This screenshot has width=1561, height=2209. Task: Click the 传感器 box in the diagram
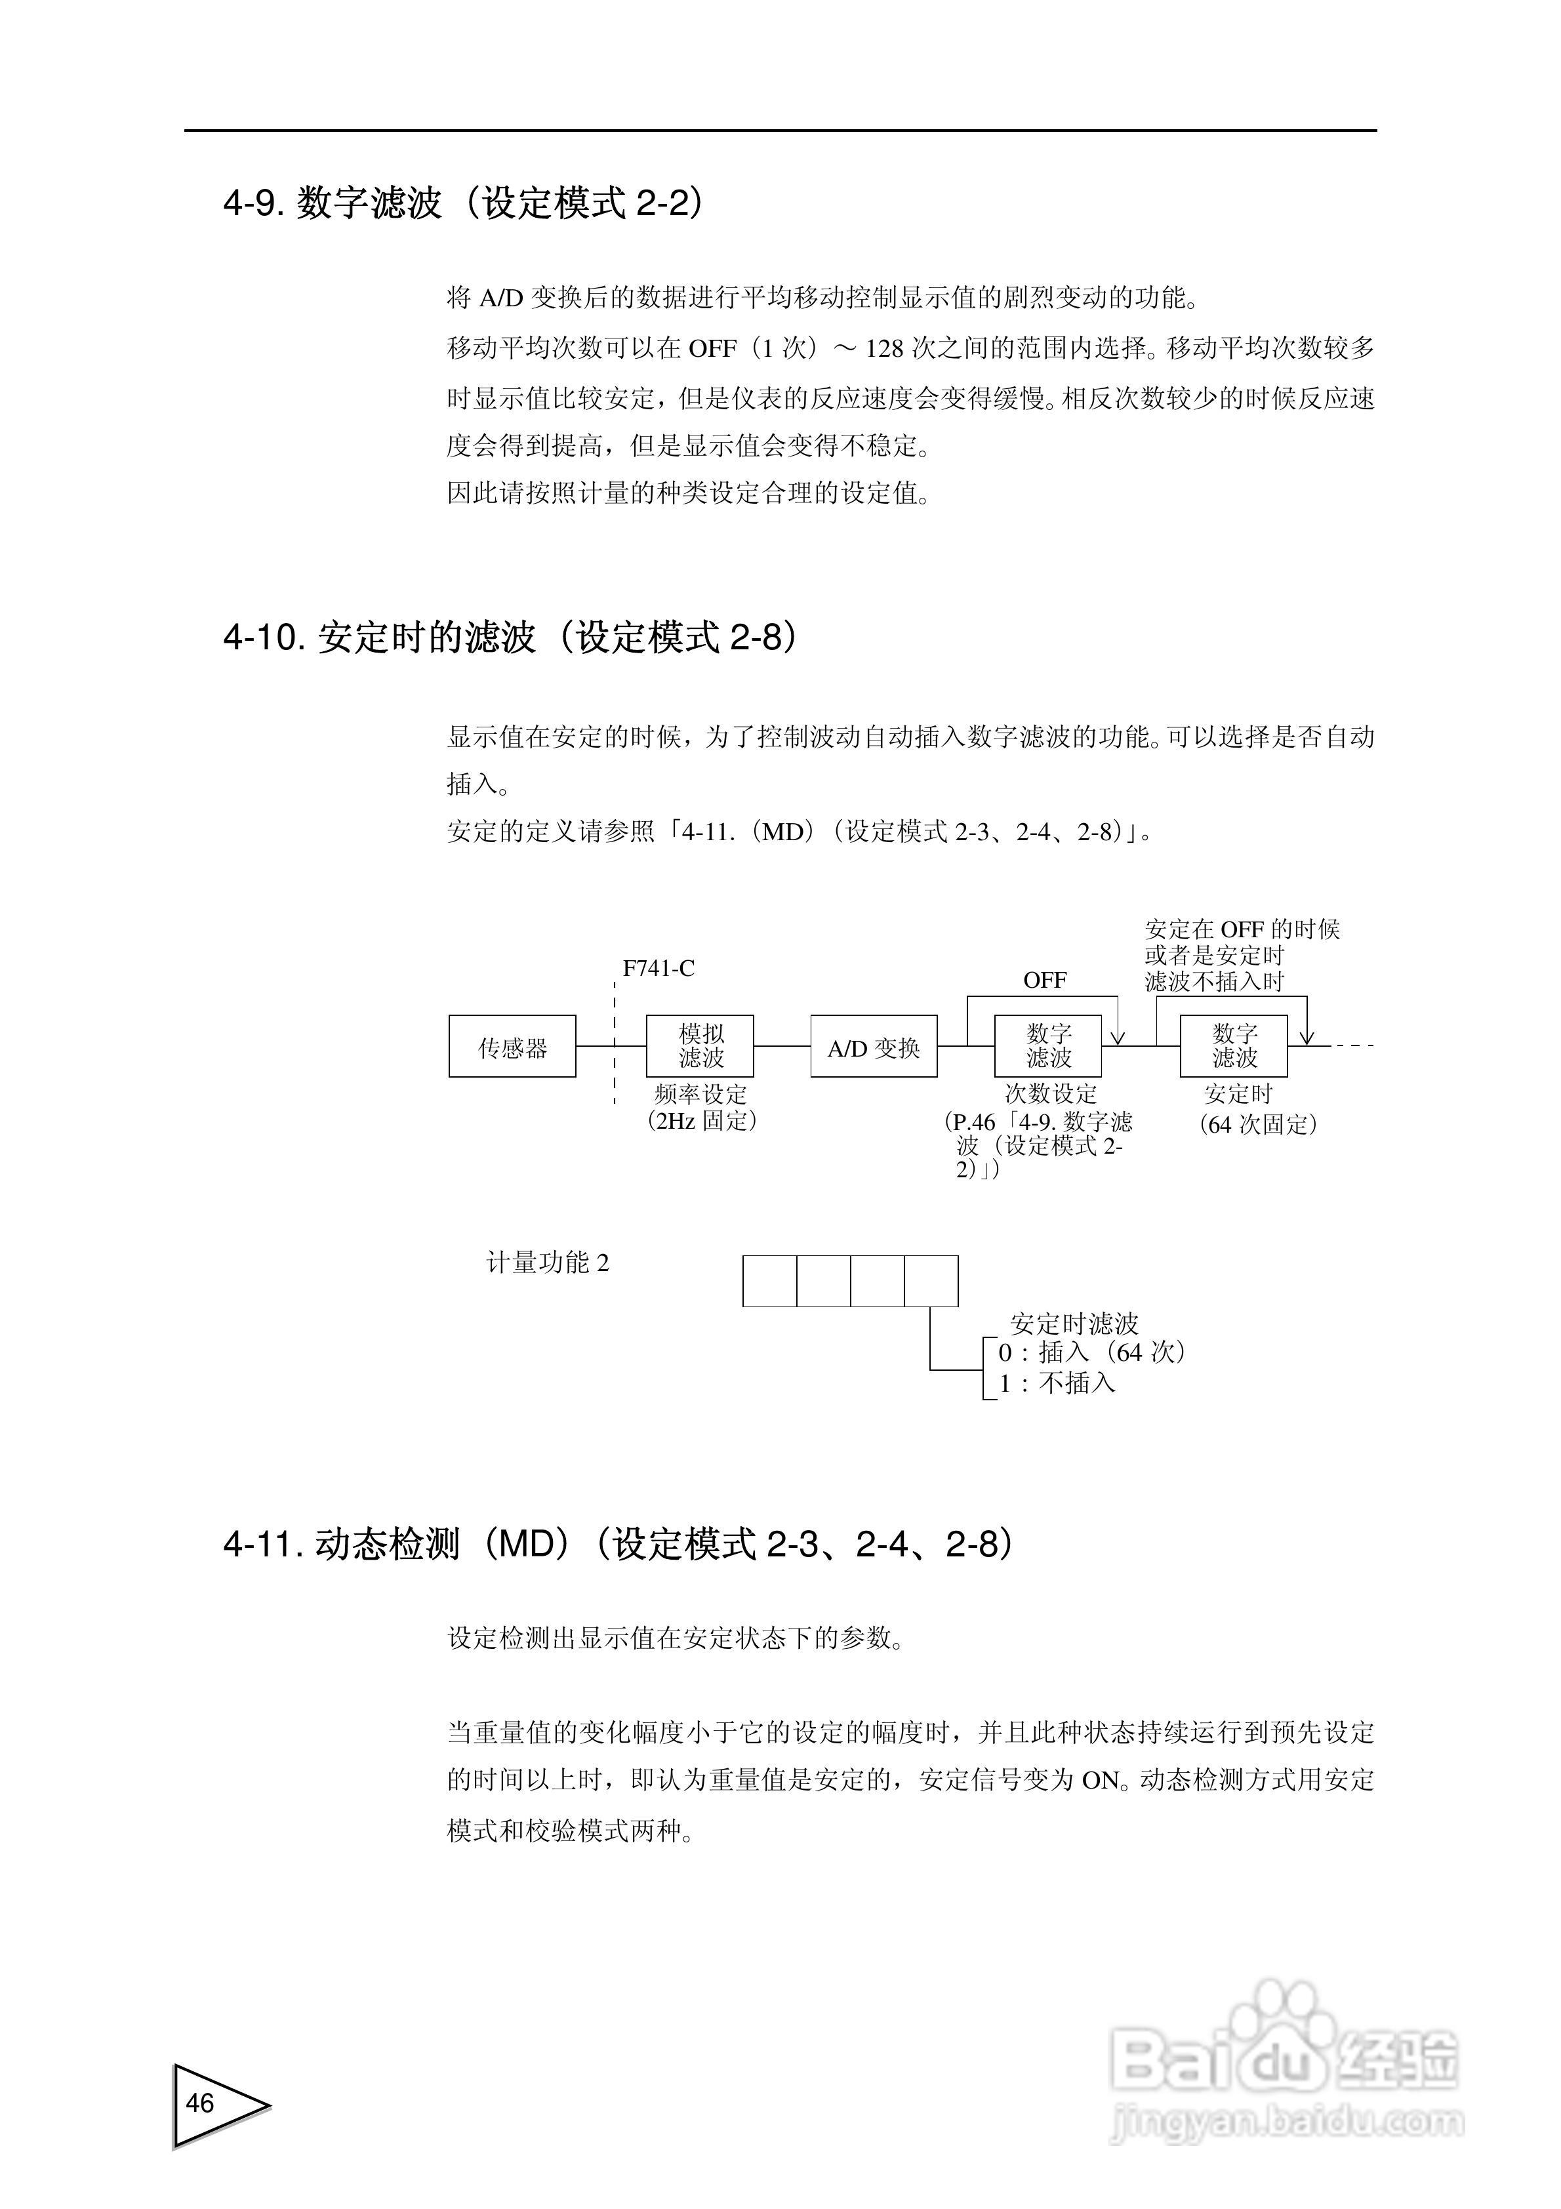click(512, 1046)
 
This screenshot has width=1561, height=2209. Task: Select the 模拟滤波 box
click(700, 1046)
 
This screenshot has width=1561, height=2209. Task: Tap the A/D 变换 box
click(873, 1046)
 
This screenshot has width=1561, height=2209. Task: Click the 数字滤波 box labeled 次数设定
click(1048, 1046)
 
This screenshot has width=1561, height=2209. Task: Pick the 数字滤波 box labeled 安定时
click(1234, 1046)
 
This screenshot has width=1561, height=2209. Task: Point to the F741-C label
click(659, 969)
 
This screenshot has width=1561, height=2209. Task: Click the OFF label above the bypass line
click(1044, 981)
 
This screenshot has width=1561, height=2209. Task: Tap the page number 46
click(200, 2103)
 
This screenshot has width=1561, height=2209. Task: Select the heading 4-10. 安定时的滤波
click(510, 637)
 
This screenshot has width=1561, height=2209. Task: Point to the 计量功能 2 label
click(548, 1263)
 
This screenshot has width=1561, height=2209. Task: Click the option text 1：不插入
click(1057, 1383)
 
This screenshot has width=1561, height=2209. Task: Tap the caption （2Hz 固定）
click(702, 1121)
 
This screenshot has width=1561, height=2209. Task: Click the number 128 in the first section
click(883, 348)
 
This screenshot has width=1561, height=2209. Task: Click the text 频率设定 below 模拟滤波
click(700, 1094)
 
